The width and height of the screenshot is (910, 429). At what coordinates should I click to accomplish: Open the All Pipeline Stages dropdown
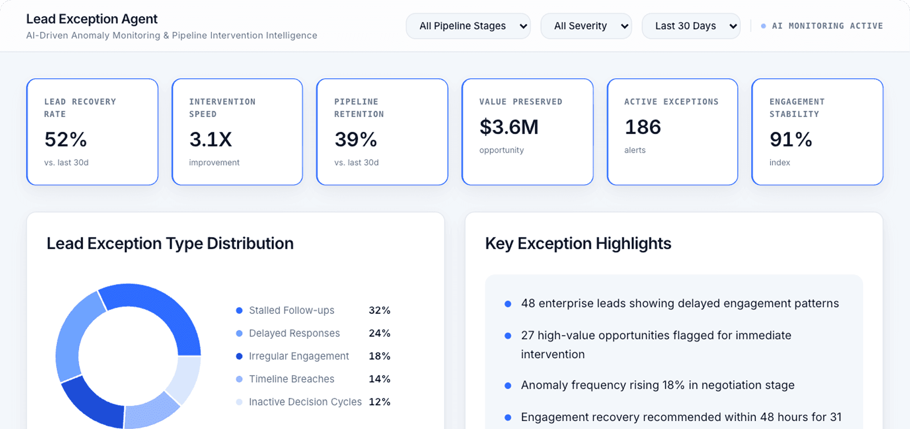click(468, 26)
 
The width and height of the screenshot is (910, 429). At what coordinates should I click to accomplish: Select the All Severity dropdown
click(586, 26)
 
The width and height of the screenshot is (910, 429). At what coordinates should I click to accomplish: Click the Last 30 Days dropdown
click(690, 26)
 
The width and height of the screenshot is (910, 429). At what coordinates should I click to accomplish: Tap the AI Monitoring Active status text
click(827, 26)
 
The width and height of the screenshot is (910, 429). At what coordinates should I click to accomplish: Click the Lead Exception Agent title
click(91, 19)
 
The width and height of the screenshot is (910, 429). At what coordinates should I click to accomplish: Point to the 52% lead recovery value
click(66, 140)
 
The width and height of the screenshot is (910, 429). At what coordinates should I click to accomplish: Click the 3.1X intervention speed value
click(210, 140)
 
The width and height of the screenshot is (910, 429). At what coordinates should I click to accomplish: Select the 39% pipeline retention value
click(356, 140)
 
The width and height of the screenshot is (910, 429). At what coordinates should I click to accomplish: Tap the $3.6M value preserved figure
click(509, 127)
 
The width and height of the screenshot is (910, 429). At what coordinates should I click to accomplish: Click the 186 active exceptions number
click(642, 127)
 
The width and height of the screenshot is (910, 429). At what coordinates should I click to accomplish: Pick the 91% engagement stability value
click(791, 140)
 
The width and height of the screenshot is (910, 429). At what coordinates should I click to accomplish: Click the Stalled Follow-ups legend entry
click(291, 310)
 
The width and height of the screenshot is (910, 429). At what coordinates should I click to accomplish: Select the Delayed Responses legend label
click(294, 334)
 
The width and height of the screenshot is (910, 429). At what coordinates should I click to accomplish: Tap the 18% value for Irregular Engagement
click(379, 357)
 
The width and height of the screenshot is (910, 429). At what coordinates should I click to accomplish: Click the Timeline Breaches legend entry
click(291, 379)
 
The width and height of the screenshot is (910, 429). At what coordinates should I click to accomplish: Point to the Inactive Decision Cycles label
click(305, 402)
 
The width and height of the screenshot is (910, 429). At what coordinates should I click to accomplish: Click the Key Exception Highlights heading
click(578, 243)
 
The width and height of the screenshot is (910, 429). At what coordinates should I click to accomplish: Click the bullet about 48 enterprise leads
click(680, 304)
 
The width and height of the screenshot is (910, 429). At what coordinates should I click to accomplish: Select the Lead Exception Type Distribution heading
click(170, 243)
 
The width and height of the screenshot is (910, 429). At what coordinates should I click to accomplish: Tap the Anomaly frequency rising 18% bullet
click(657, 385)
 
